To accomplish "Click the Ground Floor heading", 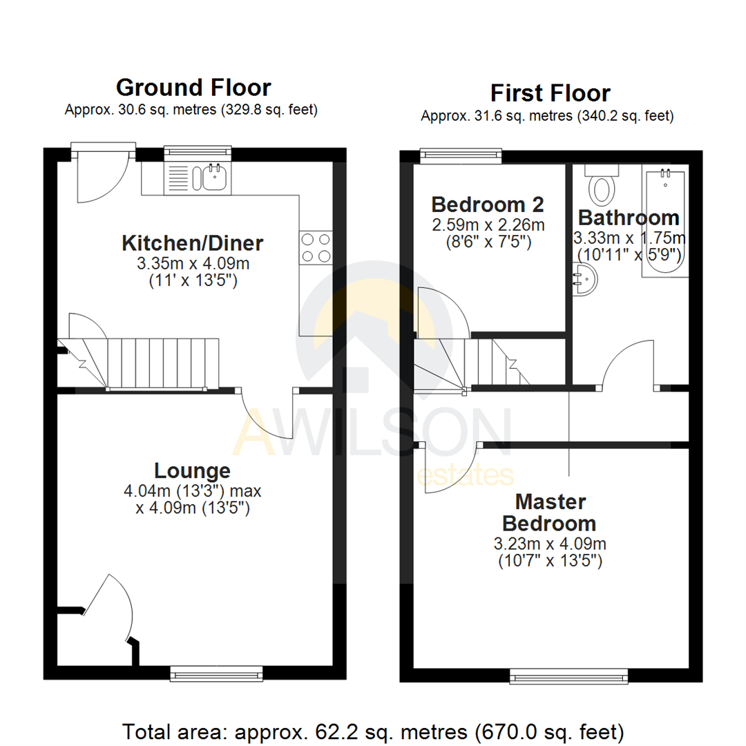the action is (x=193, y=88).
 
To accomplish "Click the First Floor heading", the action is (x=551, y=93).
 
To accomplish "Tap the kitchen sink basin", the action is (x=215, y=178).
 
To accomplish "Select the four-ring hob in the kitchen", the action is (x=316, y=248).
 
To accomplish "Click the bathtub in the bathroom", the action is (x=665, y=221).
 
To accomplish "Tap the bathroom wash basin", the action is (x=584, y=279).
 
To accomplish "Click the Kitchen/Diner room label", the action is (x=193, y=243).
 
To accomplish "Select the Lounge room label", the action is (x=192, y=471).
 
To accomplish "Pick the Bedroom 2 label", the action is (x=488, y=205).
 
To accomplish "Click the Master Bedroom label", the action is (x=550, y=513).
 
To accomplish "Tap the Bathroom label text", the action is (x=629, y=218).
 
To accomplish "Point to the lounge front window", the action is (x=216, y=673).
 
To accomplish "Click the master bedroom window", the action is (x=568, y=676).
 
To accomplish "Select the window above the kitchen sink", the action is (x=198, y=153).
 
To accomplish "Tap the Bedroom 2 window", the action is (x=461, y=155).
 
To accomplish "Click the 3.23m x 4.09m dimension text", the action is (x=550, y=544).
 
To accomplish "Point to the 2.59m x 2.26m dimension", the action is (x=488, y=224).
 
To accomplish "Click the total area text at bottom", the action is (x=373, y=731).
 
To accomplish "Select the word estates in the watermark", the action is (x=466, y=475).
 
